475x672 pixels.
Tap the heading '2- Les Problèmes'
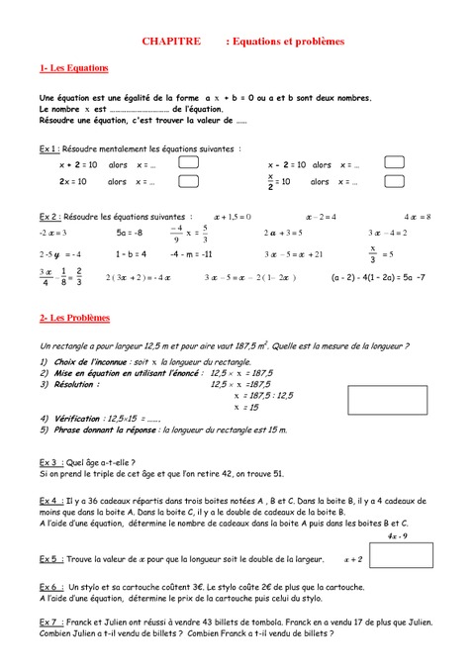click(x=75, y=319)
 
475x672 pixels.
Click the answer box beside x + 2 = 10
click(x=188, y=164)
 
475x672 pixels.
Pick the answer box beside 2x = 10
click(x=188, y=182)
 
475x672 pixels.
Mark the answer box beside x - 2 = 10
click(x=395, y=164)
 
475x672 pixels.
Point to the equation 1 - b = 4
click(x=132, y=254)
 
